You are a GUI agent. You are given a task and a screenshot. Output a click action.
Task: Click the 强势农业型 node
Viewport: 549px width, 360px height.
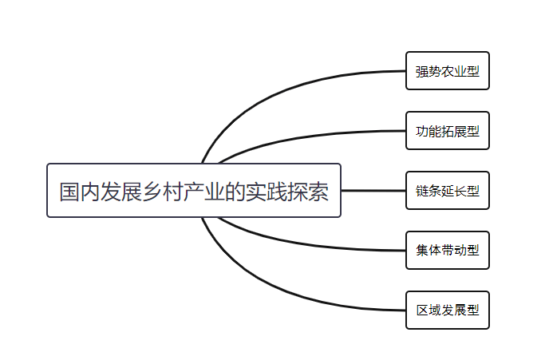tap(447, 71)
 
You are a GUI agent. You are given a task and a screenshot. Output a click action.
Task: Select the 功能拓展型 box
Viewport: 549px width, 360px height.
tap(447, 131)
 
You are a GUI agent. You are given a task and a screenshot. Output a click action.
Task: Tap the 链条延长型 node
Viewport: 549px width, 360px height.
tap(447, 191)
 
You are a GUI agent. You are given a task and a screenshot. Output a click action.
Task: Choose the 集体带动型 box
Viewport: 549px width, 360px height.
tap(447, 251)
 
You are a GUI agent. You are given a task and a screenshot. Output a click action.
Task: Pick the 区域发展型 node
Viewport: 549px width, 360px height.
tap(447, 311)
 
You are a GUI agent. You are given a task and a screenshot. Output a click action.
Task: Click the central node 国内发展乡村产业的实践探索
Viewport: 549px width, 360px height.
tap(194, 191)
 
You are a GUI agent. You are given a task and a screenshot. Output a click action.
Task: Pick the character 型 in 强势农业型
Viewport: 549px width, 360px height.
tap(473, 72)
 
